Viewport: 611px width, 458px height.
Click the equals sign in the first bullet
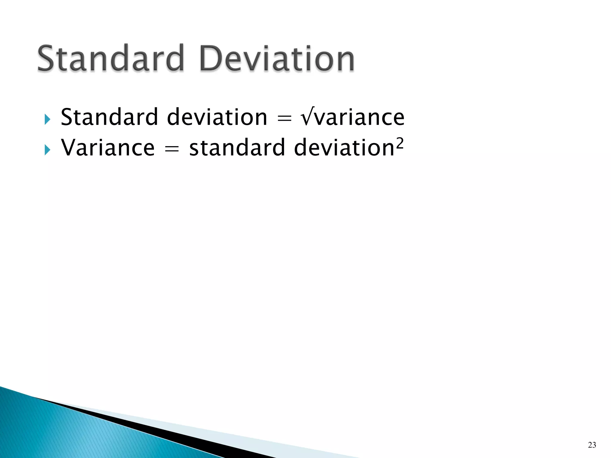[x=284, y=118]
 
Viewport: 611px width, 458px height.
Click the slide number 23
[x=592, y=445]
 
